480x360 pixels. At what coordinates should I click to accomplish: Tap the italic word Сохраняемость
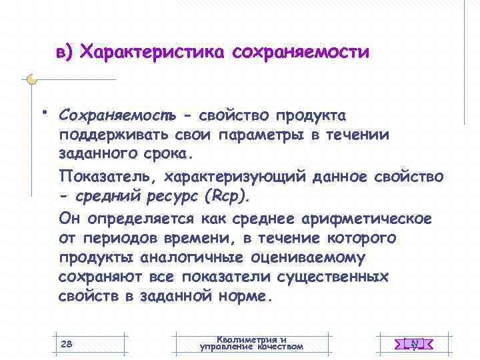coord(117,116)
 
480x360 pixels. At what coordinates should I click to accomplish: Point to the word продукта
coord(311,116)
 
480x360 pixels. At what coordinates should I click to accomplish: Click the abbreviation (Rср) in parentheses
coord(229,196)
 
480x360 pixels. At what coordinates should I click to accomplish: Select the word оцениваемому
coord(311,257)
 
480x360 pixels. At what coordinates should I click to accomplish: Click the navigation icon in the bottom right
coord(414,344)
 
